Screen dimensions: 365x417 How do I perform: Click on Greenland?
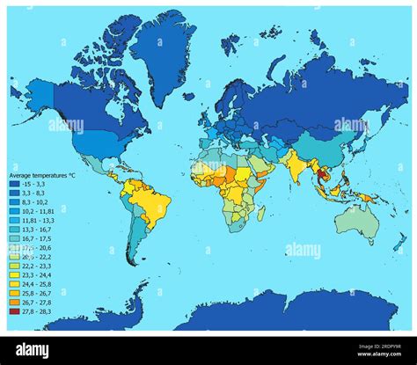tap(164, 53)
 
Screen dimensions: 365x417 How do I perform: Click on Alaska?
tap(40, 92)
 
